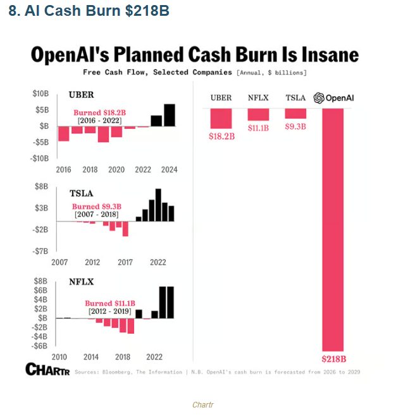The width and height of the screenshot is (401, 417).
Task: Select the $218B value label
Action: coord(334,359)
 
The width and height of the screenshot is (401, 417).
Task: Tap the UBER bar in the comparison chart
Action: coord(221,118)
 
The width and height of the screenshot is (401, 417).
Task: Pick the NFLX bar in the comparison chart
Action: coord(258,114)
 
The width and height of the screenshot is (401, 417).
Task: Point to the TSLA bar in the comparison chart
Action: coord(295,113)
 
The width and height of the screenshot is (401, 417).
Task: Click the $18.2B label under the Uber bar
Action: coord(221,136)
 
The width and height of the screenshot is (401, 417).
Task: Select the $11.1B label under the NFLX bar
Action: coord(258,128)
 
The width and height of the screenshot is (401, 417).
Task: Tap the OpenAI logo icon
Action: coord(319,98)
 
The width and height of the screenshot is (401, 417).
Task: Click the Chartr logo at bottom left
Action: coord(47,369)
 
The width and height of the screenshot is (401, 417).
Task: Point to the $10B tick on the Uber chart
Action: coord(40,94)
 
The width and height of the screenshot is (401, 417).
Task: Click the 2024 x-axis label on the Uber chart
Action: coord(169,169)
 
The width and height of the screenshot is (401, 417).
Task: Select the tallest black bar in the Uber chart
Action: coord(170,115)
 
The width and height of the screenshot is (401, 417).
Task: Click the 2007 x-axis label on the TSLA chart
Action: coord(59,262)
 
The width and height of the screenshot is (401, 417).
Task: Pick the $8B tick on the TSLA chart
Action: coord(41,186)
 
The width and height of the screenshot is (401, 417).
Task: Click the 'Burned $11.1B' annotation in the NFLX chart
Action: coord(110,303)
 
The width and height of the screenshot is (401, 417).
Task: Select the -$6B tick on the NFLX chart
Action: coord(40,346)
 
